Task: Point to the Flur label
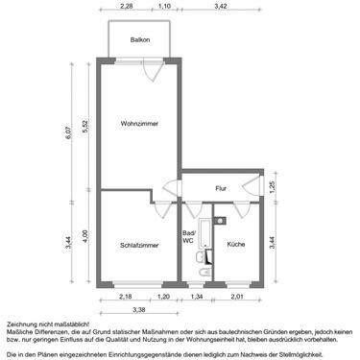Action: click(x=221, y=188)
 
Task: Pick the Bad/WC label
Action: click(x=188, y=239)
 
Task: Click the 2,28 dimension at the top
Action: click(x=126, y=8)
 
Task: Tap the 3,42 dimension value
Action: click(x=220, y=8)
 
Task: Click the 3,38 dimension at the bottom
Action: click(x=138, y=309)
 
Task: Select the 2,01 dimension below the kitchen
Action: click(x=238, y=297)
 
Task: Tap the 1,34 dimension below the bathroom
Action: click(x=198, y=297)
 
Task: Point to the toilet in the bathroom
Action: click(x=202, y=272)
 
